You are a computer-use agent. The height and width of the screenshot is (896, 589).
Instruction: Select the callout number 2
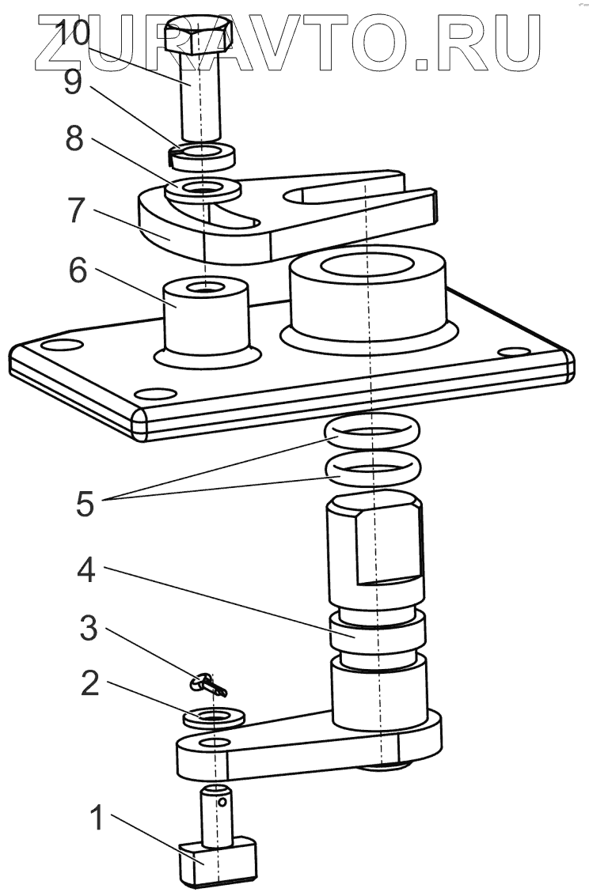[x=90, y=684]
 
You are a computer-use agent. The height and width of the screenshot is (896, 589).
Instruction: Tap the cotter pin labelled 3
[x=209, y=682]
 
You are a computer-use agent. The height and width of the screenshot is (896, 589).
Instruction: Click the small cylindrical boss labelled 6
[x=205, y=316]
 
